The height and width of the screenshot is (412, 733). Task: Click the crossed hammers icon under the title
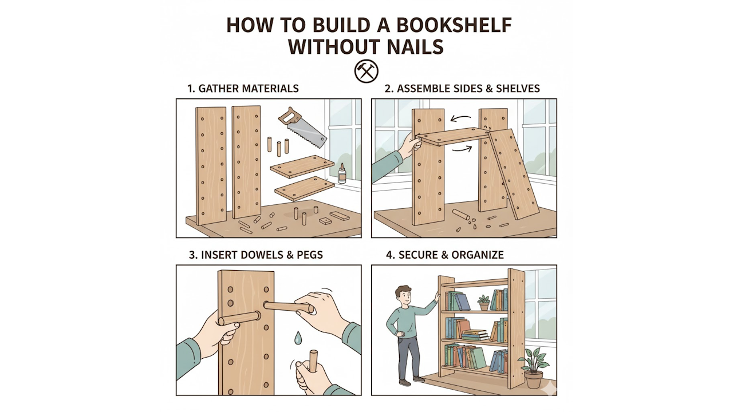pos(366,71)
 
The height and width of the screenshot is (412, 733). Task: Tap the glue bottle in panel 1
pos(342,173)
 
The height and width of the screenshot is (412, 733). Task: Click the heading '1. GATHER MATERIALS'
pos(243,89)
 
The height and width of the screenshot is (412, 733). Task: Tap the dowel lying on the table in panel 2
pos(461,215)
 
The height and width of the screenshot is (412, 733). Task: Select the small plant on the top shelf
pos(484,302)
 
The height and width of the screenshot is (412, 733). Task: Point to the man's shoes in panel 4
pos(412,381)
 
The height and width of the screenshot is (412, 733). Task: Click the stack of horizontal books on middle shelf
pos(475,335)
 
